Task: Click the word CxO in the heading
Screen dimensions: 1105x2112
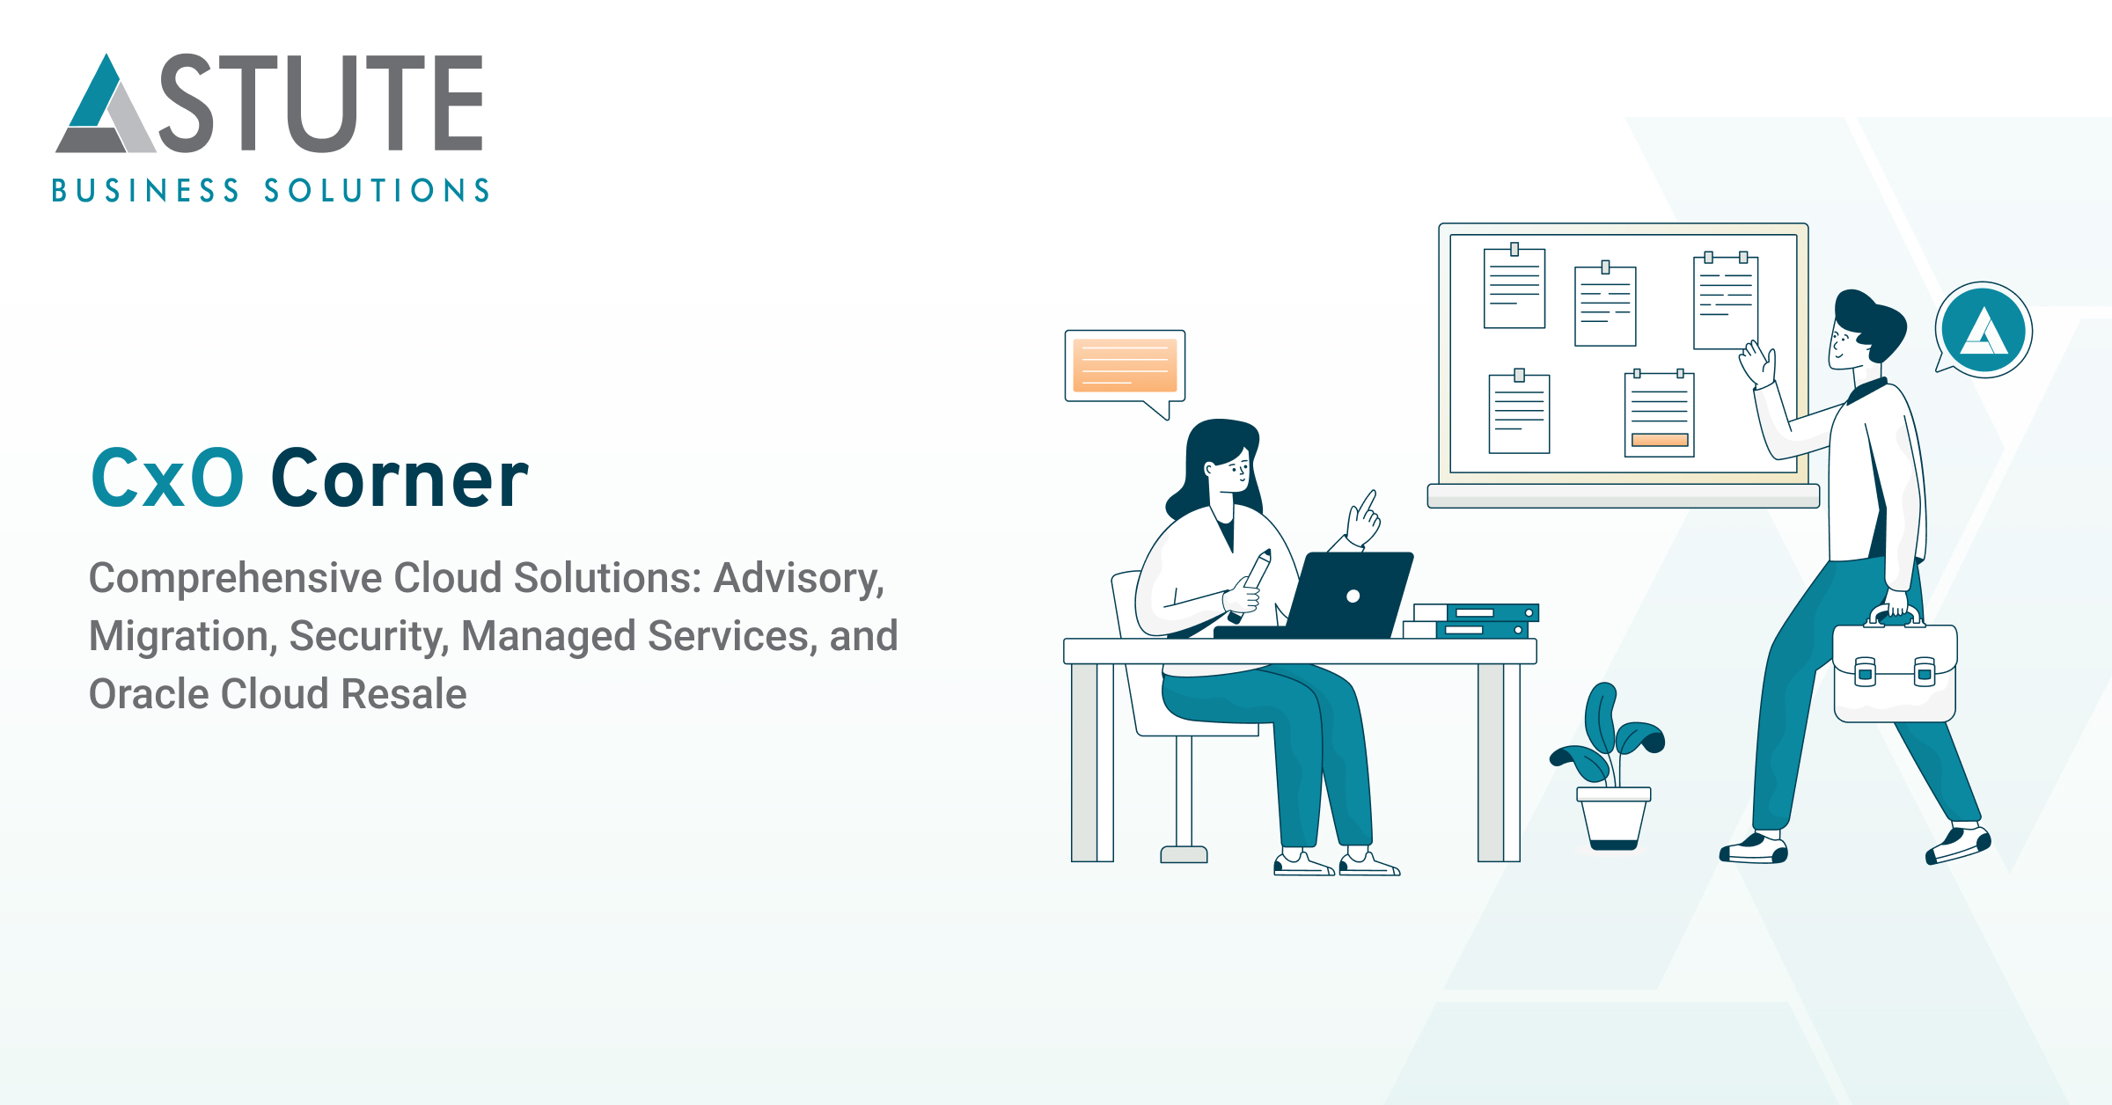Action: click(x=167, y=479)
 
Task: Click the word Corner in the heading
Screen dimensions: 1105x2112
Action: click(x=400, y=479)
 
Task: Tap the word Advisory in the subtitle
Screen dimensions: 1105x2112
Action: click(x=797, y=578)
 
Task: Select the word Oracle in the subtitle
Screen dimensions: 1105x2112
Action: click(x=149, y=694)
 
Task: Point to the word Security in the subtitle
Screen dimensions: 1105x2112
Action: click(x=369, y=636)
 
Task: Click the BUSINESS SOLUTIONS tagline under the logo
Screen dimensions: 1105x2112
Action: click(x=270, y=191)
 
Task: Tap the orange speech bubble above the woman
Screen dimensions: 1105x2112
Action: click(x=1125, y=366)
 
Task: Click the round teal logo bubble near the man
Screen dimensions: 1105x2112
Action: click(x=1984, y=331)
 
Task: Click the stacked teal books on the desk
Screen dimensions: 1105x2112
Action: click(x=1478, y=620)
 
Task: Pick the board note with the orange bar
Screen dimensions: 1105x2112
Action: click(x=1659, y=413)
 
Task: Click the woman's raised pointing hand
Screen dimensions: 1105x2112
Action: click(x=1364, y=519)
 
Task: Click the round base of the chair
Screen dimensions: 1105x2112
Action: click(x=1184, y=853)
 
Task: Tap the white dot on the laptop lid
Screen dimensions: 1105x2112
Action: click(x=1353, y=596)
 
